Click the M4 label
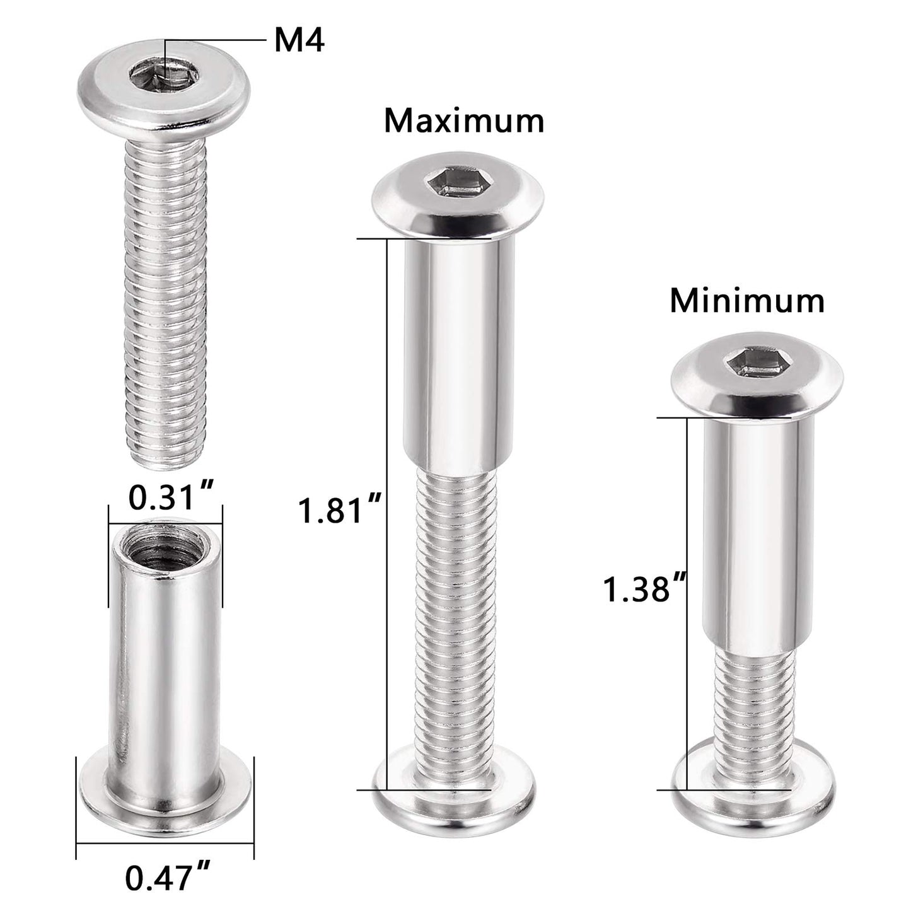(x=299, y=42)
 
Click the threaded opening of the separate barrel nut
(x=166, y=543)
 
